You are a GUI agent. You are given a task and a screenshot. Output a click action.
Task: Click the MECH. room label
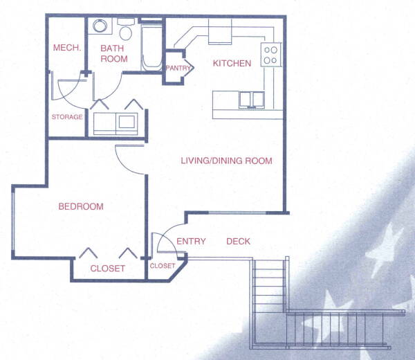(x=67, y=48)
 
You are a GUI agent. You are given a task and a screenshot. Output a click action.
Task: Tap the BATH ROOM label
(x=114, y=53)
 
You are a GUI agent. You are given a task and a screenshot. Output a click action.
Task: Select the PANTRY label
(x=178, y=68)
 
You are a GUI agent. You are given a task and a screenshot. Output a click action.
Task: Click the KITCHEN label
(x=232, y=63)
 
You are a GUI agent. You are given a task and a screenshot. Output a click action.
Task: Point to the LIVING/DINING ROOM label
(x=227, y=161)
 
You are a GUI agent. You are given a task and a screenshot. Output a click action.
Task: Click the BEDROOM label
(x=81, y=206)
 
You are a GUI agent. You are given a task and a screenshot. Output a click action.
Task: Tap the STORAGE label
(x=67, y=117)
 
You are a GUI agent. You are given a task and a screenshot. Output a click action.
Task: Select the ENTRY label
(x=191, y=242)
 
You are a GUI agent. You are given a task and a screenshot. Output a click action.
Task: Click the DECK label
(x=238, y=242)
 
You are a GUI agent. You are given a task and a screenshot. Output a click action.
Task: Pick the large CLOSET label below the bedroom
(x=107, y=269)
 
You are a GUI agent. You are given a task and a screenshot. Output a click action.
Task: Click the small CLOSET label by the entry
(x=163, y=266)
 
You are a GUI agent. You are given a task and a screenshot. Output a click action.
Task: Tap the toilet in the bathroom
(x=126, y=29)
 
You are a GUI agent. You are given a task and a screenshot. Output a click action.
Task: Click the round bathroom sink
(x=100, y=26)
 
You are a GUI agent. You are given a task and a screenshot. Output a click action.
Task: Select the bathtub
(x=151, y=48)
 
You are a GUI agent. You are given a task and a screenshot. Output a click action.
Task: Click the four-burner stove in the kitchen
(x=270, y=55)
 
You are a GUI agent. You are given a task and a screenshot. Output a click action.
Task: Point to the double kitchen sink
(x=252, y=100)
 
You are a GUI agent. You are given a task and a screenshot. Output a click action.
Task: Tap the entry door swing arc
(x=168, y=233)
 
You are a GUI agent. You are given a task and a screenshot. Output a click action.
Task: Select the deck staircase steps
(x=268, y=286)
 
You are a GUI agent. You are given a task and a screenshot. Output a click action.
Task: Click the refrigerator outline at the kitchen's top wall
(x=220, y=31)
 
